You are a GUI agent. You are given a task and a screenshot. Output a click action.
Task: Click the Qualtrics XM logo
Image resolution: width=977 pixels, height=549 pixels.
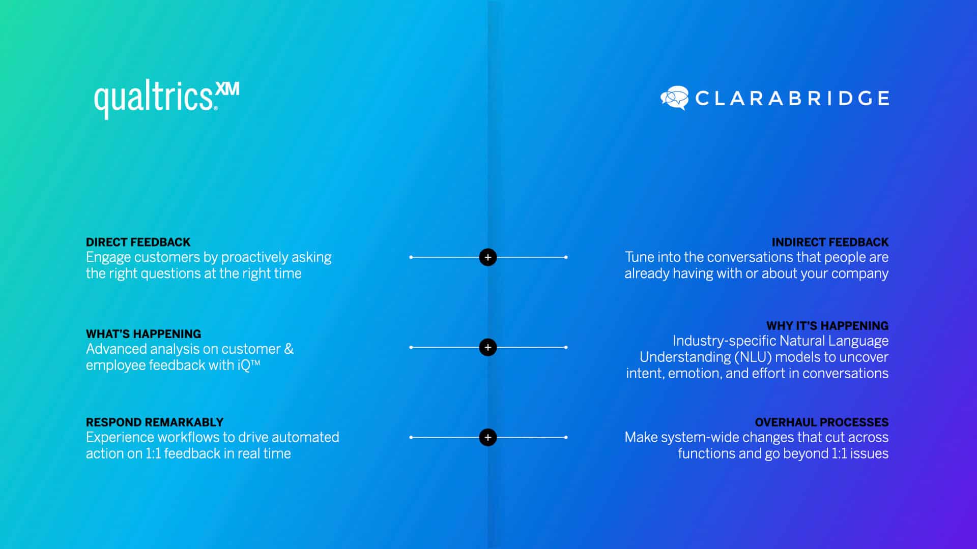166,99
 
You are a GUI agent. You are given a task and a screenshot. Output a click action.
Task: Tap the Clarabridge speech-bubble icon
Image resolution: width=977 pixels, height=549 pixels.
674,98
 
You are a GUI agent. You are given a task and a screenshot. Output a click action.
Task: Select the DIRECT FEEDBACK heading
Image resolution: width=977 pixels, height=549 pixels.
138,242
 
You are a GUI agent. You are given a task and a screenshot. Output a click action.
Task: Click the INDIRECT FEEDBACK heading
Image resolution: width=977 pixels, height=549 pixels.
830,242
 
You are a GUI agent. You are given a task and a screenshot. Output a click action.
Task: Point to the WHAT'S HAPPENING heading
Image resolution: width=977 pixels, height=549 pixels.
143,334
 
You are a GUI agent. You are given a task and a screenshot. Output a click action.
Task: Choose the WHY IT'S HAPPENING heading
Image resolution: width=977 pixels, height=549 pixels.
827,326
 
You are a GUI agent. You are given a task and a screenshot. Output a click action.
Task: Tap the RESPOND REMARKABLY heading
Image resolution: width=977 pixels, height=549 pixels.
155,422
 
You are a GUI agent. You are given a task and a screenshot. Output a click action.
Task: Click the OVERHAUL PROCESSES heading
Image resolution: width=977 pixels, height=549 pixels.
822,422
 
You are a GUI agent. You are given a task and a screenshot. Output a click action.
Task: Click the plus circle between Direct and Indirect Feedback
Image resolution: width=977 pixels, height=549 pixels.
488,257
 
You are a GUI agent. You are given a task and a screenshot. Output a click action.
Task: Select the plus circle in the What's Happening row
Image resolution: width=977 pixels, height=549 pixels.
488,347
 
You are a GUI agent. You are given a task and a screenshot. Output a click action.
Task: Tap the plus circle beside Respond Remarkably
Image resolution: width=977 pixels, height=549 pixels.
488,437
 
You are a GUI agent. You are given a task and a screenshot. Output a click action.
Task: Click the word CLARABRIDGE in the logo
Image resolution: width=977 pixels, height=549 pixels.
792,98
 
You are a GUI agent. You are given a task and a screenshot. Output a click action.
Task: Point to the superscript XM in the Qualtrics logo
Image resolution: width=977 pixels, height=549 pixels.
227,89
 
